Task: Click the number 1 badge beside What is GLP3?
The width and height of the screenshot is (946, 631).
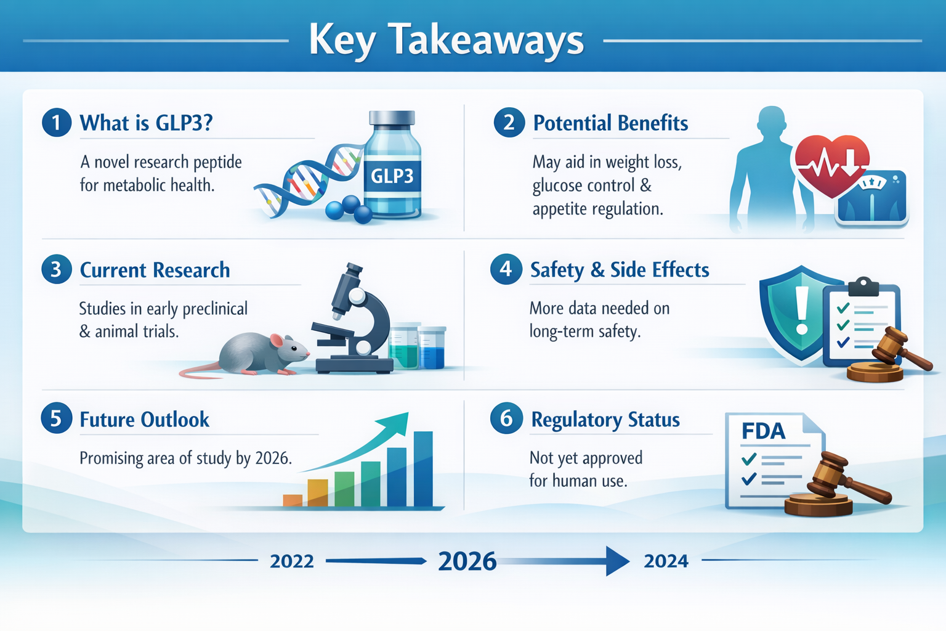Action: coord(57,122)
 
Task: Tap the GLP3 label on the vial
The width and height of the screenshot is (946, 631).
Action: coord(392,176)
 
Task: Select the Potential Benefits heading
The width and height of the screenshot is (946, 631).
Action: coord(610,123)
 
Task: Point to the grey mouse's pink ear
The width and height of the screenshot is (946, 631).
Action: coord(277,341)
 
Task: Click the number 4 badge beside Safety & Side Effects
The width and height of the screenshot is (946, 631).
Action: coord(506,269)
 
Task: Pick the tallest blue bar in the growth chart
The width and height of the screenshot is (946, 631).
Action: coord(423,468)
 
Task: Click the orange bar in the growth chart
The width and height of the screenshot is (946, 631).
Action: coord(293,500)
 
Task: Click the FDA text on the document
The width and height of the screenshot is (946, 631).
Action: coord(763,431)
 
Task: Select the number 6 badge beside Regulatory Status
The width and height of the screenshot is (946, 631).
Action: coord(506,418)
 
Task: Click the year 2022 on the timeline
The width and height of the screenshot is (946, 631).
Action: coord(292,561)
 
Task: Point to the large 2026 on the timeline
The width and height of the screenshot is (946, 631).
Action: coord(467,561)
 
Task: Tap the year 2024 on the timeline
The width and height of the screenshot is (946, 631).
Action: coord(666,561)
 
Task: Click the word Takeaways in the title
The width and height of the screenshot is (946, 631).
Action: coord(487,40)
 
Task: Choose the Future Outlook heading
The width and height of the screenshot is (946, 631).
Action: coord(145,420)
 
